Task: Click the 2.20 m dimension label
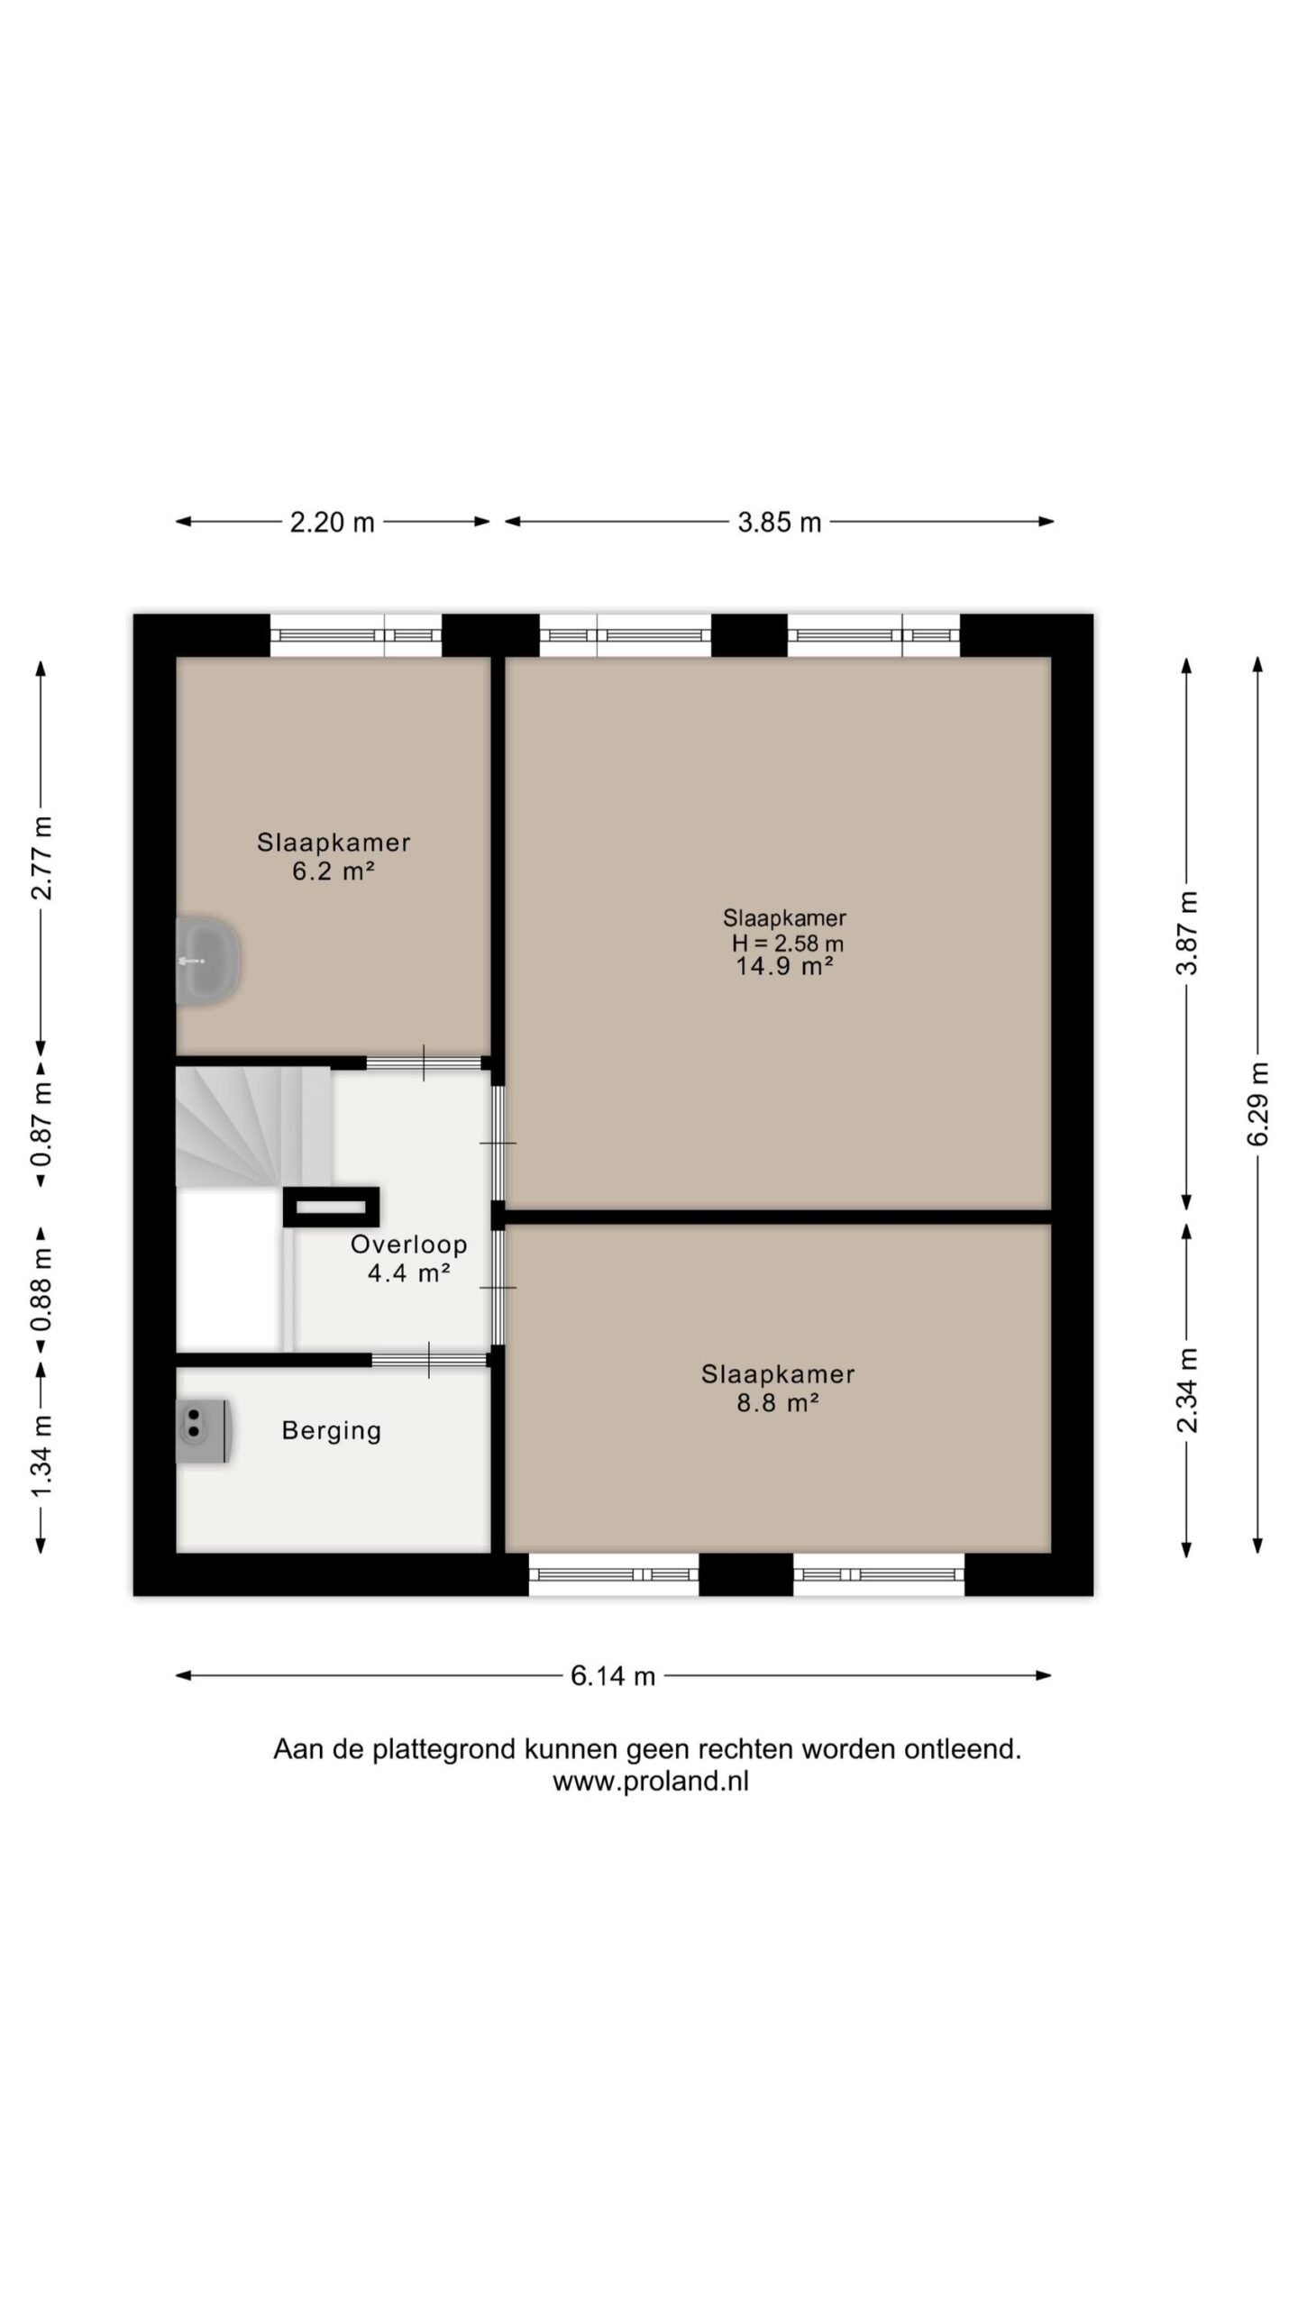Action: point(332,523)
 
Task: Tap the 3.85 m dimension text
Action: point(780,523)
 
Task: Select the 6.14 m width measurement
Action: point(613,1676)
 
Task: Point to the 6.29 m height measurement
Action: point(1258,1104)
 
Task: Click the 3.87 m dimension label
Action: point(1188,933)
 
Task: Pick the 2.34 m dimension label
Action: point(1188,1390)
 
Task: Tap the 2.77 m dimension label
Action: point(41,858)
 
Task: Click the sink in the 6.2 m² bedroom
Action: point(207,961)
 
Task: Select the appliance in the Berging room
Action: point(206,1431)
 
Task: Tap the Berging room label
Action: point(332,1431)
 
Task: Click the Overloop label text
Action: point(409,1245)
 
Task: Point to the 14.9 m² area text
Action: point(784,967)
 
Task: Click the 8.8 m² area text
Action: point(778,1403)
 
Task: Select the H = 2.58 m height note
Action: point(787,944)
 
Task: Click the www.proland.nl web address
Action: point(651,1782)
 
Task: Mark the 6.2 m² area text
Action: point(334,871)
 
